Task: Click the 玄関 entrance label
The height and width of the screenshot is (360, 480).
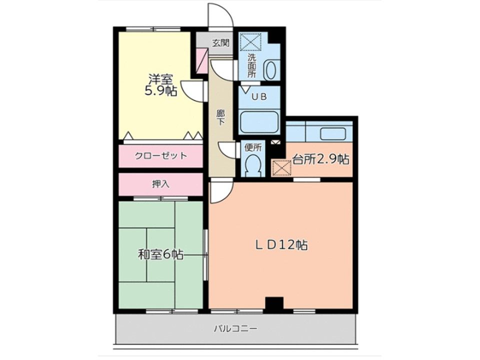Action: tap(220, 43)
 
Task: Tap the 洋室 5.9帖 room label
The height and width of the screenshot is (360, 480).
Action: tap(160, 85)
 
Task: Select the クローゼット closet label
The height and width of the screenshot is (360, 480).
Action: tap(160, 156)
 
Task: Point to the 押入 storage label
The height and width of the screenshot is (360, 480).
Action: tap(160, 184)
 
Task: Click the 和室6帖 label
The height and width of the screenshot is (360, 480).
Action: tap(160, 254)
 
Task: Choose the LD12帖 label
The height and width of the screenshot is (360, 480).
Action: tap(281, 245)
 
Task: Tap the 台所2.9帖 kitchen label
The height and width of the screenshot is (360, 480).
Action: tap(320, 159)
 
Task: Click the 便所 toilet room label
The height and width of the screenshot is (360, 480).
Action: tap(253, 147)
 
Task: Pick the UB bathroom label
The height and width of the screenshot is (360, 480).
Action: tap(259, 96)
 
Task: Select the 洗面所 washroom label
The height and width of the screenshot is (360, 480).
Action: tap(251, 65)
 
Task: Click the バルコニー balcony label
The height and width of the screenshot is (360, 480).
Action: tap(235, 329)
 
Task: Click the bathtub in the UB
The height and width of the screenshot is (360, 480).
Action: tap(259, 121)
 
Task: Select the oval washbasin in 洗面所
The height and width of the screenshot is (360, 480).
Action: tap(269, 70)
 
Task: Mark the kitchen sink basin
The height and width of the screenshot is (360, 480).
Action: tap(333, 133)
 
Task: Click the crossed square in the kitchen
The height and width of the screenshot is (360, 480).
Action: tap(281, 168)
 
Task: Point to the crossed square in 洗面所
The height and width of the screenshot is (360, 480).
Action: tap(250, 41)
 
